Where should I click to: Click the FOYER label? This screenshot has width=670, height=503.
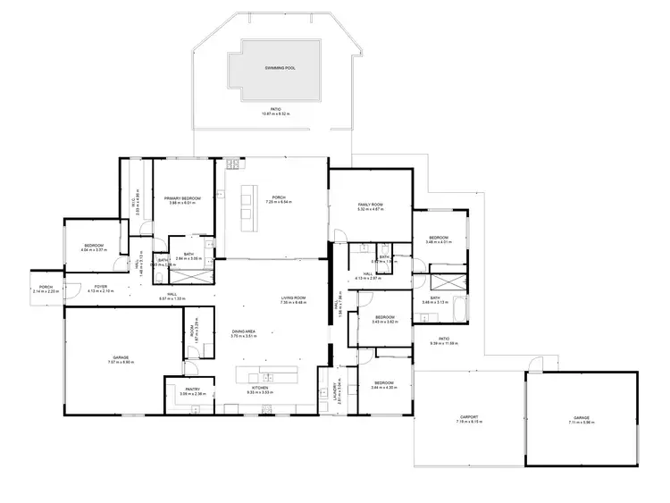click(x=101, y=287)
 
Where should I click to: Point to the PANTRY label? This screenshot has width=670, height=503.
click(x=192, y=390)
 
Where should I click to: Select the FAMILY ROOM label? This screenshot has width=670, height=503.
click(x=370, y=205)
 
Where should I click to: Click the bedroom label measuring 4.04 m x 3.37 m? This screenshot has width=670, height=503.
click(x=94, y=246)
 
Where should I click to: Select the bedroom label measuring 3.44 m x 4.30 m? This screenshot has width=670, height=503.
click(x=385, y=381)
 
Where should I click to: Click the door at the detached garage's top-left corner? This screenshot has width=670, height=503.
click(x=534, y=364)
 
